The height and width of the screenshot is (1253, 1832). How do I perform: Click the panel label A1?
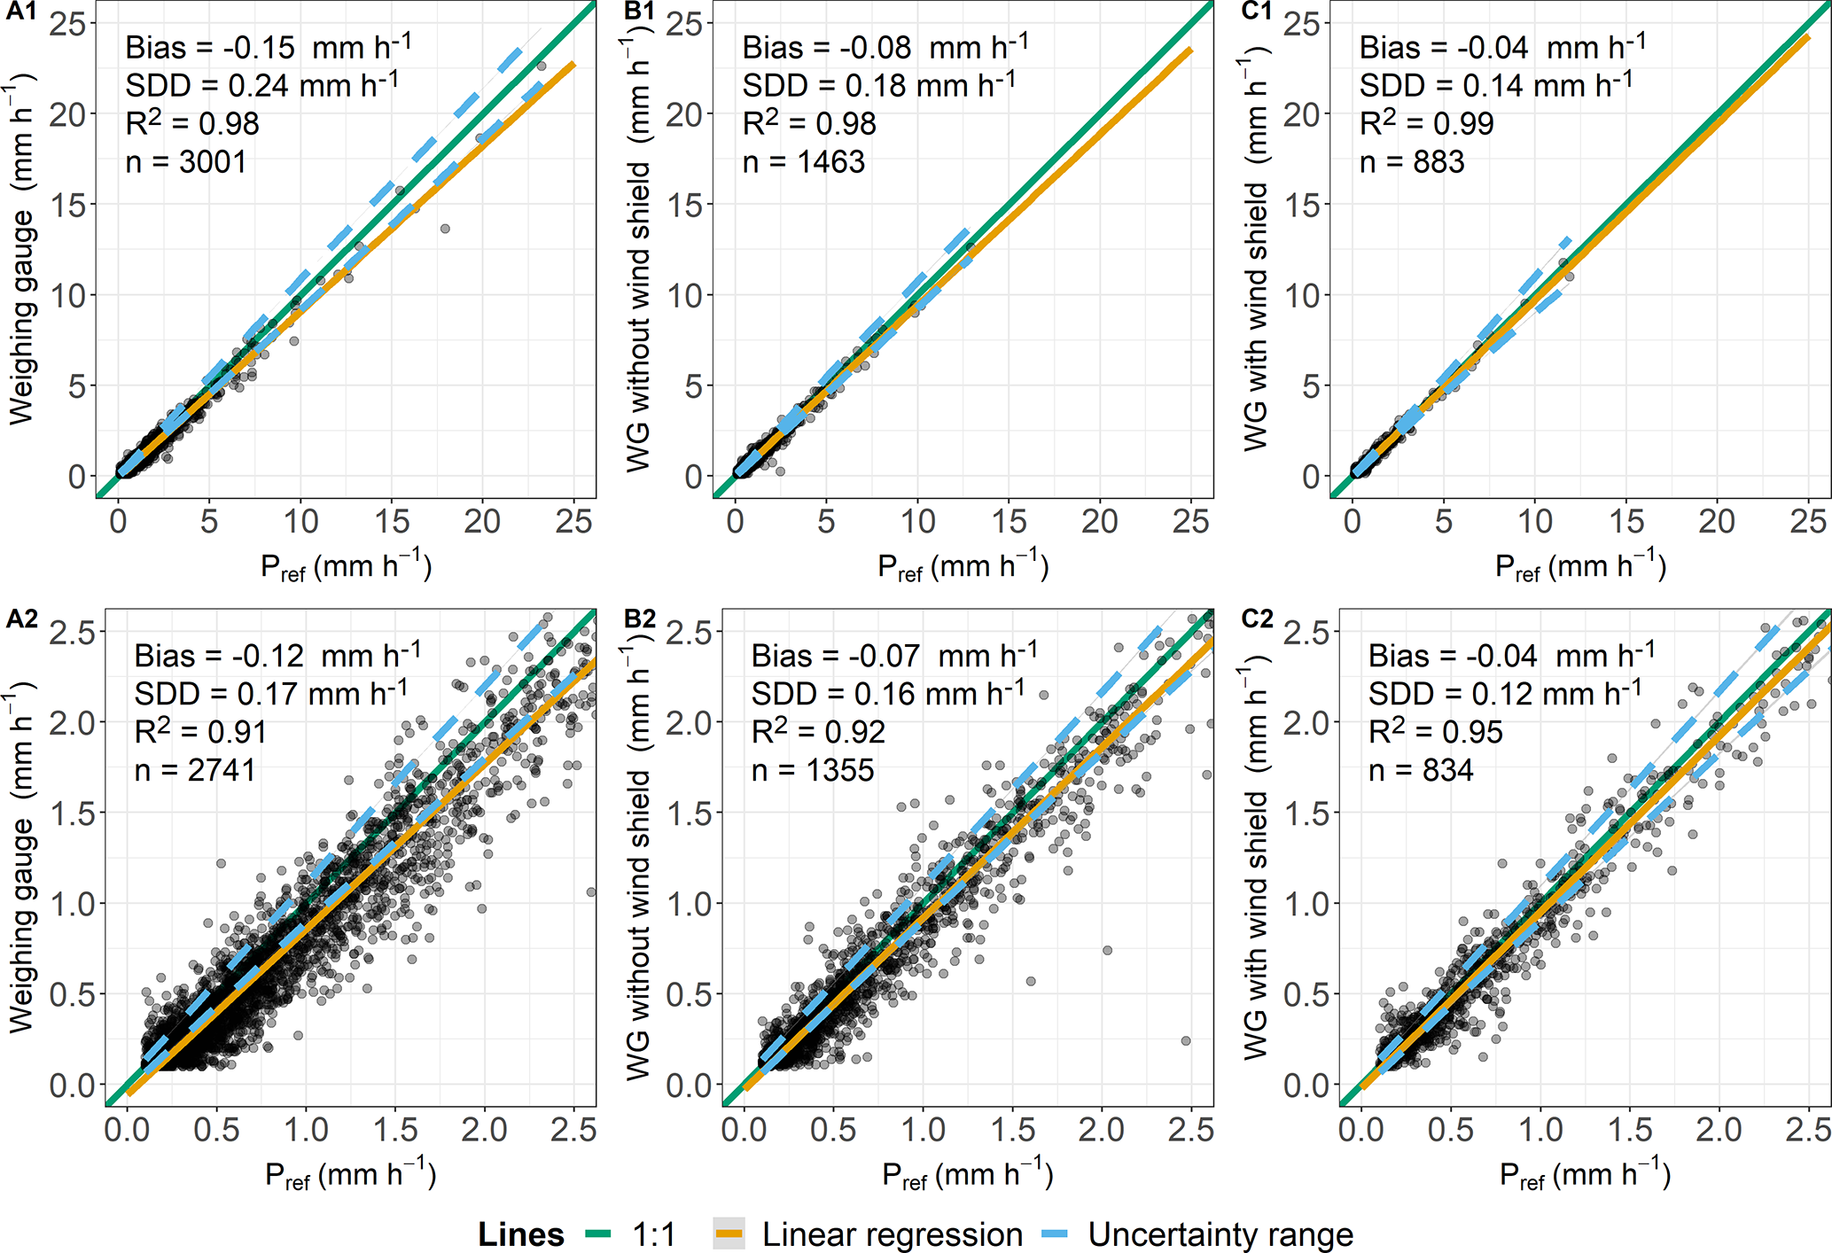[x=21, y=12]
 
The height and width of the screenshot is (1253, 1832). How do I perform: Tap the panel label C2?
[x=1257, y=619]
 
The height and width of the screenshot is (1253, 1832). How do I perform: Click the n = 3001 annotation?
[x=185, y=162]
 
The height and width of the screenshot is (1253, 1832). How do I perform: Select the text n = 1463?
[x=803, y=162]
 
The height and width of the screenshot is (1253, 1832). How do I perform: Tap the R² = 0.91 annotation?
[x=200, y=732]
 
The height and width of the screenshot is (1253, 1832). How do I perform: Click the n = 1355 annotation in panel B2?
[x=813, y=770]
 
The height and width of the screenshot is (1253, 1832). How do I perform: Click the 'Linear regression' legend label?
[x=892, y=1234]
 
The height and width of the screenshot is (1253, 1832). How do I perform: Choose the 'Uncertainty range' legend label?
[x=1220, y=1234]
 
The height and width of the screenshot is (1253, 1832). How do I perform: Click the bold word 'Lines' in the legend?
[x=521, y=1234]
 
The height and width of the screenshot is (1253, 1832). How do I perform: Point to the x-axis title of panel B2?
[x=967, y=1175]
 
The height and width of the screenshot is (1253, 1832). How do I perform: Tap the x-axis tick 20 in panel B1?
[x=1099, y=521]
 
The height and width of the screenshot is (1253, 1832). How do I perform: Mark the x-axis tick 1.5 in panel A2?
[x=395, y=1130]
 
